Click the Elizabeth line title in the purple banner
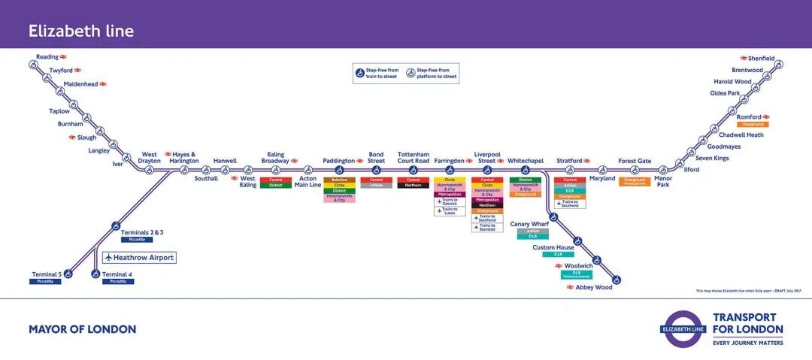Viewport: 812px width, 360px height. pos(81,31)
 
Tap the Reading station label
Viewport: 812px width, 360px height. pos(47,56)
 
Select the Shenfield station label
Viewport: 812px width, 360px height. pos(761,58)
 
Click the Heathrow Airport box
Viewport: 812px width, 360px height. pos(139,258)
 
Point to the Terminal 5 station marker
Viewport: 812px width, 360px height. pos(68,274)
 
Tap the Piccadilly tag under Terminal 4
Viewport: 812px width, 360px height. pos(117,282)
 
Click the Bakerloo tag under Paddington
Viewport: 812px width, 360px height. pos(339,180)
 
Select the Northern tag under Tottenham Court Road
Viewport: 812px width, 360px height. pos(414,185)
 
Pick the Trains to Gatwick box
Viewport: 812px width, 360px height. pos(450,201)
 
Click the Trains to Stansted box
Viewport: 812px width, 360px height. pos(487,227)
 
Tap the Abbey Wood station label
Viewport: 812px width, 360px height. pos(594,287)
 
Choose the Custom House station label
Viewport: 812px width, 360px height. pos(553,247)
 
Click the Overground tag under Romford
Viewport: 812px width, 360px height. pos(753,125)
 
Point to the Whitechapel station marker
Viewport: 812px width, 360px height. pos(525,170)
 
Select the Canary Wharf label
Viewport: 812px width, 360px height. pos(529,224)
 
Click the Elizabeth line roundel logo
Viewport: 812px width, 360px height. pos(683,328)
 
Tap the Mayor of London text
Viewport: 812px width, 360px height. pos(83,329)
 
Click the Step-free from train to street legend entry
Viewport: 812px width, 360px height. pos(379,73)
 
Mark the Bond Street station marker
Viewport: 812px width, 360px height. pos(377,170)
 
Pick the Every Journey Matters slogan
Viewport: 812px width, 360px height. pos(747,343)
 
